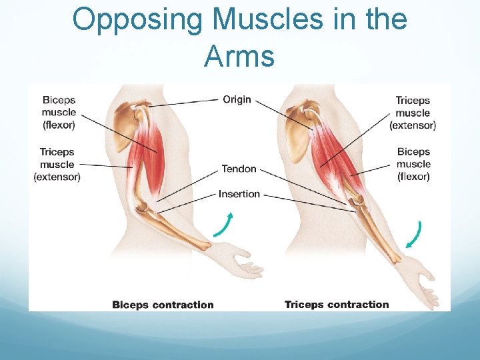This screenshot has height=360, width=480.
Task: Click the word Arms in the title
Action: (x=239, y=57)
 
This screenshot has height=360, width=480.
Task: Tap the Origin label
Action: (x=237, y=99)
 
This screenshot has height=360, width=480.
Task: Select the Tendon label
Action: (x=239, y=169)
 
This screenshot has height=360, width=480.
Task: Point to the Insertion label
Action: (x=239, y=194)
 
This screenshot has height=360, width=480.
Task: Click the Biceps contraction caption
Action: (x=163, y=305)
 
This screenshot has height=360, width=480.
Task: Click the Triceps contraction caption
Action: (x=336, y=305)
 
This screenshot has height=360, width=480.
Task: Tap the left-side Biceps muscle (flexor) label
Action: (x=59, y=112)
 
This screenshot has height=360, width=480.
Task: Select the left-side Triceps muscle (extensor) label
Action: (x=57, y=164)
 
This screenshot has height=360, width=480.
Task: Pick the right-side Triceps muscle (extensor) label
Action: (x=413, y=113)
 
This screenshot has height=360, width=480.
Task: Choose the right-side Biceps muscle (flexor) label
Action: (x=413, y=164)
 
